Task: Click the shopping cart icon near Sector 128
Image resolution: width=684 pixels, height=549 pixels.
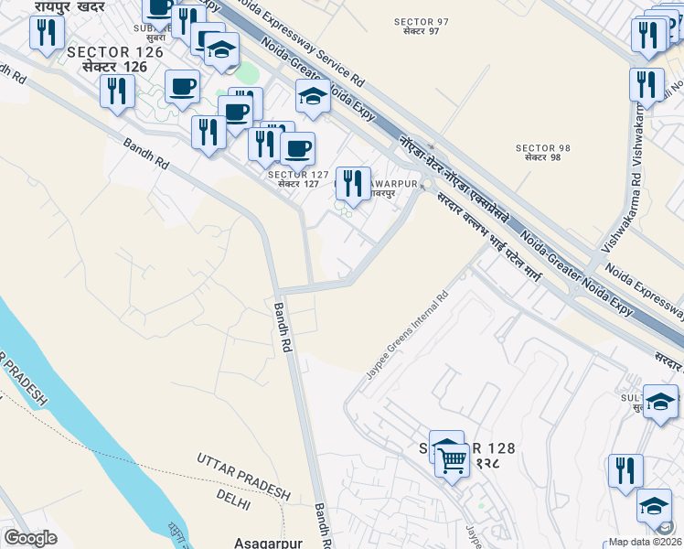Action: pos(453,460)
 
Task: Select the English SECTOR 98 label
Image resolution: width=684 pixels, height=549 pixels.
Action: pos(543,147)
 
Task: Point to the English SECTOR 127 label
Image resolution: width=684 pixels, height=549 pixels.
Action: pos(293,173)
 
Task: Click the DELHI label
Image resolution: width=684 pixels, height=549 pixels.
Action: pos(233,494)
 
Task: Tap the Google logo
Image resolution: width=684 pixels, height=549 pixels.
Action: pos(31,537)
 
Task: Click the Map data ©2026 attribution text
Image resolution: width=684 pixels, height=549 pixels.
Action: pos(646,542)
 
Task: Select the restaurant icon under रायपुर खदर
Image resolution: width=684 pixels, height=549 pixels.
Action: pos(45,33)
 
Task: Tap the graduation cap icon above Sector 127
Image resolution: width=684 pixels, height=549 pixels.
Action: pos(313,95)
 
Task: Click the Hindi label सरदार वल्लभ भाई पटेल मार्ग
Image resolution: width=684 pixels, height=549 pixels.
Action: pos(501,248)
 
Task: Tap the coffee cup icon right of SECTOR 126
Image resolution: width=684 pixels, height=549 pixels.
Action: pos(182,86)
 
